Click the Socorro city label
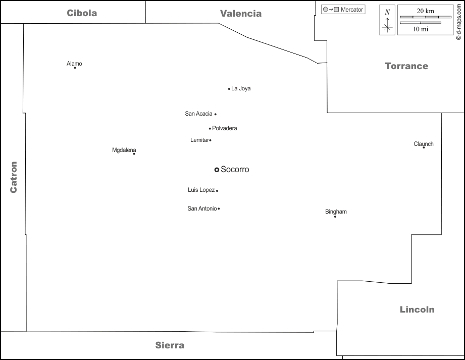tap(235, 170)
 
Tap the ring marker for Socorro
tap(217, 170)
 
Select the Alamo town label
tap(74, 64)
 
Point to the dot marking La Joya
tap(229, 89)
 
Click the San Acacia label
tap(198, 114)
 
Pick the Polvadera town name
tap(225, 128)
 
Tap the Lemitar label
tap(199, 140)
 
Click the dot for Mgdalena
tap(134, 153)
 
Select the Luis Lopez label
tap(201, 190)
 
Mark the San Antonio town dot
tap(219, 209)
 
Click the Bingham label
tap(336, 212)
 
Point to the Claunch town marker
tap(424, 147)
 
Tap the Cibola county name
tap(82, 13)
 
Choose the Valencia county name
tap(241, 14)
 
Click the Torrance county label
tap(406, 66)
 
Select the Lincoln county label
tap(417, 310)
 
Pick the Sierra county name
tap(170, 345)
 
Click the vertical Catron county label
tap(14, 177)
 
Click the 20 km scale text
tap(425, 11)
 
